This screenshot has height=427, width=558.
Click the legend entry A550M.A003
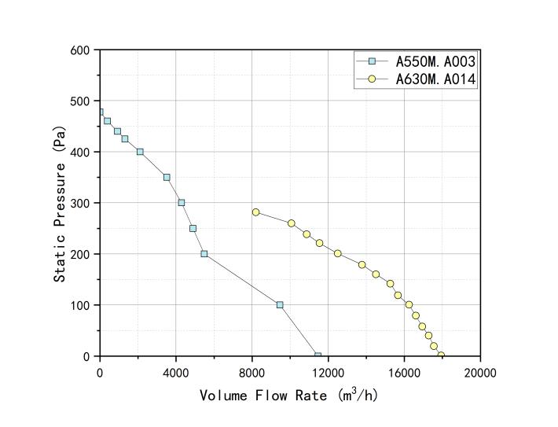tap(434, 61)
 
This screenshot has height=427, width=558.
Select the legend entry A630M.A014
tap(434, 79)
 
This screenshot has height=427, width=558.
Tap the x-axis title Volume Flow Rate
tap(288, 395)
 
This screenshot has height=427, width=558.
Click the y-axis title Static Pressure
tap(61, 202)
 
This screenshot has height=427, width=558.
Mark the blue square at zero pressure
tap(318, 356)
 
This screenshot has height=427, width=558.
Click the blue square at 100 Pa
tap(279, 305)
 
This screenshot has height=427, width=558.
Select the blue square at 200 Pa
tap(204, 254)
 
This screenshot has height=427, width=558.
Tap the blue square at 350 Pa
tap(167, 177)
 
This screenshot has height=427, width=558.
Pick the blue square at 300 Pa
tap(182, 203)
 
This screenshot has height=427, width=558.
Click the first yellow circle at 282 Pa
tap(255, 212)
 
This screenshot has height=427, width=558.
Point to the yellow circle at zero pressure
tap(441, 355)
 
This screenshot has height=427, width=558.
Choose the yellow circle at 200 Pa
tap(337, 253)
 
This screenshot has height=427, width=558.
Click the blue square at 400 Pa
tap(140, 152)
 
